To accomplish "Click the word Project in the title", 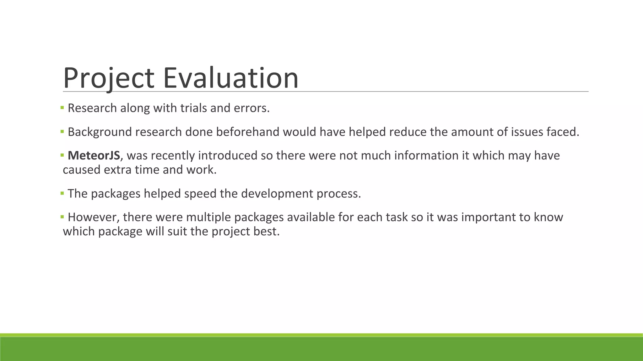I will click(108, 78).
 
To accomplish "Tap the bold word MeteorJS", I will click(94, 155).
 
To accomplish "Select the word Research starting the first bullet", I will click(92, 108).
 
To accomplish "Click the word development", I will click(277, 194).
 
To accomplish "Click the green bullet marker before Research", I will click(62, 108).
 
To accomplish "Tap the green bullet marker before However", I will click(62, 217).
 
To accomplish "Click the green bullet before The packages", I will click(62, 193).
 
